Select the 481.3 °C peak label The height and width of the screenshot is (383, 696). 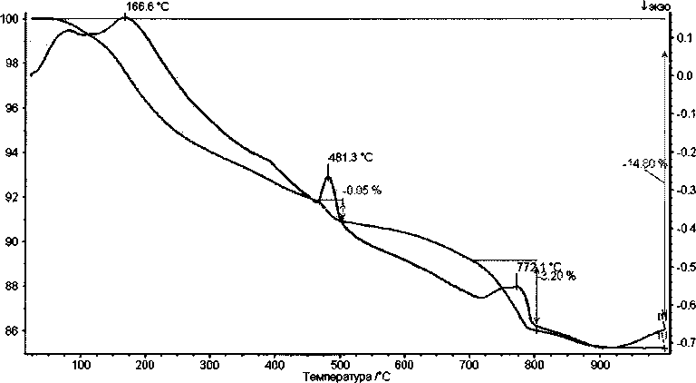click(x=352, y=156)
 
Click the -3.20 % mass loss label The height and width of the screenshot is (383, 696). click(x=557, y=276)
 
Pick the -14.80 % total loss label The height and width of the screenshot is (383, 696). click(x=644, y=163)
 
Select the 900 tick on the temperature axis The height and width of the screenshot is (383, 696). click(x=599, y=365)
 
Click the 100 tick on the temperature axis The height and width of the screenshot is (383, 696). click(x=81, y=365)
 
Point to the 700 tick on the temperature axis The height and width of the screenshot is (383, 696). click(x=469, y=365)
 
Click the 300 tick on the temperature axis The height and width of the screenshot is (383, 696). click(x=209, y=365)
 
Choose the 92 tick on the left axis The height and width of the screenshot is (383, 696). click(x=11, y=197)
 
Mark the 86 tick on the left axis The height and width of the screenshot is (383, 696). click(x=11, y=331)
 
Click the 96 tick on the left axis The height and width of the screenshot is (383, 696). click(x=11, y=108)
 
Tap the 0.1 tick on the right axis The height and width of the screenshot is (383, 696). click(x=684, y=37)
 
